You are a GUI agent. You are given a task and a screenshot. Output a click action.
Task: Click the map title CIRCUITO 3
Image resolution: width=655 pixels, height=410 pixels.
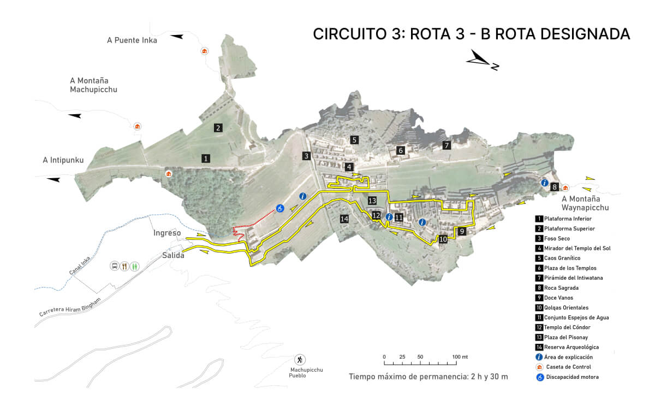pyautogui.click(x=472, y=34)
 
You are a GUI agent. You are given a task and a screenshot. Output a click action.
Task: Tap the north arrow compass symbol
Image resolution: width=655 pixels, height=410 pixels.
pyautogui.click(x=483, y=60)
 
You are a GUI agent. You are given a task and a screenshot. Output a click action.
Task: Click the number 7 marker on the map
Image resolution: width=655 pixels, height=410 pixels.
pyautogui.click(x=446, y=145)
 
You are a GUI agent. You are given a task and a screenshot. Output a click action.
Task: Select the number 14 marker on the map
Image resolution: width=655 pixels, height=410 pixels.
pyautogui.click(x=344, y=219)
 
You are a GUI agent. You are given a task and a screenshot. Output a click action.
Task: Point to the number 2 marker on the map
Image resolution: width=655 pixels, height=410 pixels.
pyautogui.click(x=218, y=128)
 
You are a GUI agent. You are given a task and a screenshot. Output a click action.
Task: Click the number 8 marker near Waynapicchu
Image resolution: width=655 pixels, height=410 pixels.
pyautogui.click(x=555, y=186)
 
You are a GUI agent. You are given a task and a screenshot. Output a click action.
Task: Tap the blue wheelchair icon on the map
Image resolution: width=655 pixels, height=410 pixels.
pyautogui.click(x=279, y=208)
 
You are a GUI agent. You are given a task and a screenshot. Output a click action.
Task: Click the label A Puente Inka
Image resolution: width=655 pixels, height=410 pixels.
pyautogui.click(x=132, y=40)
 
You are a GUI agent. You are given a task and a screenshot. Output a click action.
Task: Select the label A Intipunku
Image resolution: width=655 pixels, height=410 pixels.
pyautogui.click(x=63, y=160)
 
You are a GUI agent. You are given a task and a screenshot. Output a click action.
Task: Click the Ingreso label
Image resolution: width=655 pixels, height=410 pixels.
pyautogui.click(x=167, y=233)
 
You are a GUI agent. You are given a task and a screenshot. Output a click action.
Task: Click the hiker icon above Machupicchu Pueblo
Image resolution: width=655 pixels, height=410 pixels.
pyautogui.click(x=300, y=359)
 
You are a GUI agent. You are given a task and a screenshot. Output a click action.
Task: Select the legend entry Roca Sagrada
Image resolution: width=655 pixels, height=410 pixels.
pyautogui.click(x=562, y=288)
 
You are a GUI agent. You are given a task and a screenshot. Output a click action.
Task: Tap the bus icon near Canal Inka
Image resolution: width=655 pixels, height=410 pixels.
pyautogui.click(x=115, y=266)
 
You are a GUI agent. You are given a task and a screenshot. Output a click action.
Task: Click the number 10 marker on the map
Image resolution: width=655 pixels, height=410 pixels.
pyautogui.click(x=443, y=239)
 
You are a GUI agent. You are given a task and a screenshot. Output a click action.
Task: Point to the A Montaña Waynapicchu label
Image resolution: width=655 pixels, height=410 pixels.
pyautogui.click(x=585, y=203)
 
